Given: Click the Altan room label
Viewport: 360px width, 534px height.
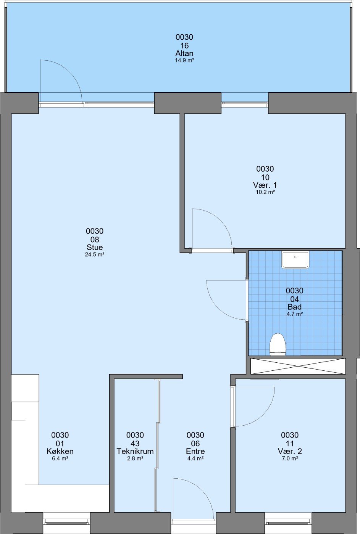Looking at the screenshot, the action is point(184,53).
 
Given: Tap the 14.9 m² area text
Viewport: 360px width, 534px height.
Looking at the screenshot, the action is point(184,60).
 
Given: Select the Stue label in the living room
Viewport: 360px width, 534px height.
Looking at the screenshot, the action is point(94,247).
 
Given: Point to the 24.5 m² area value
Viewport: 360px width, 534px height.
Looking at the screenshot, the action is point(95,254).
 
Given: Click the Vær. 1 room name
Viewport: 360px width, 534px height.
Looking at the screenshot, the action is point(265,185).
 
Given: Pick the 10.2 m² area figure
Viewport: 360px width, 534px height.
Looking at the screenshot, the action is point(265,192).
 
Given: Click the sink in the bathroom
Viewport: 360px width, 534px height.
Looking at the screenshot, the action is point(295,260).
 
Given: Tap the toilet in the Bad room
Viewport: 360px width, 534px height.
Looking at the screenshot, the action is point(278,344).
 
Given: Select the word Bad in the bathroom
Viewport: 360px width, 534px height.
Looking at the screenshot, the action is point(295,307).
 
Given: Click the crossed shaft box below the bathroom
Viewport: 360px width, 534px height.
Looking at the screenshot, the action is point(298,366).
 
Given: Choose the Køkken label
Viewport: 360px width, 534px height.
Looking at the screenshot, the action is point(60,451).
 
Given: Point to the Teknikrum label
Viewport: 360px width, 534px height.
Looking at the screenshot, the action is point(135,451).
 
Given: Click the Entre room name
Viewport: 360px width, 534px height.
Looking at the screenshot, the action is point(195,451).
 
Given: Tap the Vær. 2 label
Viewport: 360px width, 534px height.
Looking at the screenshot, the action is point(290,451).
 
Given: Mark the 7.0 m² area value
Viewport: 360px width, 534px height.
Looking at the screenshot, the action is point(290,458).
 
